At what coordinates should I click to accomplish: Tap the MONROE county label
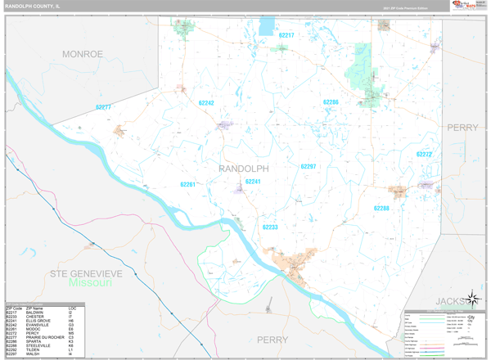click(x=83, y=54)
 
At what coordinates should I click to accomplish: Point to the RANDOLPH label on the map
click(x=244, y=168)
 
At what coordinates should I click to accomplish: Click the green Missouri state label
click(x=91, y=283)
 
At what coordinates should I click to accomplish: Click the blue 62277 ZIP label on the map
click(x=104, y=107)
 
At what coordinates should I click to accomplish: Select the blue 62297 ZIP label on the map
click(x=308, y=166)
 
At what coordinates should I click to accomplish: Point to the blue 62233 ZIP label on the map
click(x=270, y=227)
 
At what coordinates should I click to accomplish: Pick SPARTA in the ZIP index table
click(x=34, y=340)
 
